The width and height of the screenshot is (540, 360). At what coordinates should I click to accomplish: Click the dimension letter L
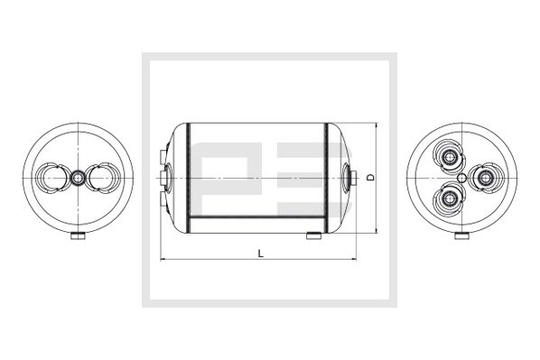tap(259, 254)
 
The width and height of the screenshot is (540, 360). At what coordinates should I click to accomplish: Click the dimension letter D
tap(370, 178)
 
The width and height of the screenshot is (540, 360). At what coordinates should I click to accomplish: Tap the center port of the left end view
tap(79, 178)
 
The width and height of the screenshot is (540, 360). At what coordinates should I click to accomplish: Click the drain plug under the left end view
tap(79, 238)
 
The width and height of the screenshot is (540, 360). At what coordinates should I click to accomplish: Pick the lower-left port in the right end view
tap(448, 197)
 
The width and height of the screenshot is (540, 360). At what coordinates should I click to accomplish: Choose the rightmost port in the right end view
tap(483, 177)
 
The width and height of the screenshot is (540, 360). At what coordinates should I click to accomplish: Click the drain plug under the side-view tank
tap(314, 236)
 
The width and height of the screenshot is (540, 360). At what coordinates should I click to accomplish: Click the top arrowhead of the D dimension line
tap(373, 125)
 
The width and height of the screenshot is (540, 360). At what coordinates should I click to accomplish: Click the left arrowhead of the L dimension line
tap(163, 261)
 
